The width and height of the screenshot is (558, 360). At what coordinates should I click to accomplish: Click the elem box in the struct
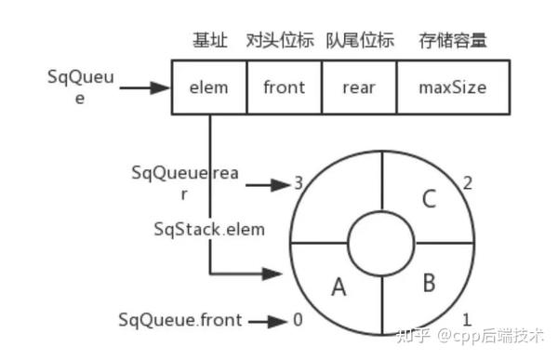(x=209, y=87)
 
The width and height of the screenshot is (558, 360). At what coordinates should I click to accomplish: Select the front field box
(x=284, y=87)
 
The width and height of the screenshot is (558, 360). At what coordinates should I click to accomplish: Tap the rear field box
(x=358, y=87)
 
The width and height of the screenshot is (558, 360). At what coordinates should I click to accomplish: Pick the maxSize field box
(x=452, y=87)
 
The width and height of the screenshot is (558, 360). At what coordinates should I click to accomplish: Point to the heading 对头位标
(x=281, y=40)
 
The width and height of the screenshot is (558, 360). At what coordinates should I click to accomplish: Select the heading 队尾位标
(x=360, y=40)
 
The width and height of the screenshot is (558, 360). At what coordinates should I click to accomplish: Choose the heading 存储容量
(x=452, y=40)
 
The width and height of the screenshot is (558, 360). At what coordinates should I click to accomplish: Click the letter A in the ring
(x=338, y=288)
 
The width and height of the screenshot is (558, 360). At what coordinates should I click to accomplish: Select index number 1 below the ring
(x=467, y=319)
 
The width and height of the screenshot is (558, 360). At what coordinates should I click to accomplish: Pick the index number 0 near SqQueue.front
(x=298, y=320)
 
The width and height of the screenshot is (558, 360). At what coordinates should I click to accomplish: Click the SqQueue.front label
(x=179, y=320)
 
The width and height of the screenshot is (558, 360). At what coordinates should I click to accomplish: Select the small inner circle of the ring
(x=382, y=244)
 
